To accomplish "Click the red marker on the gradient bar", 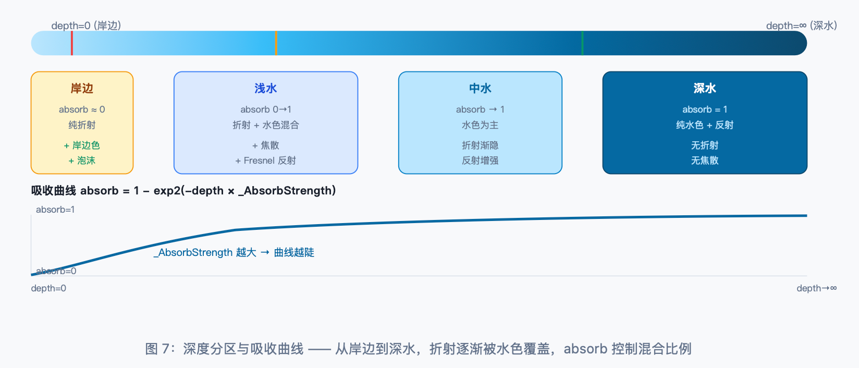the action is click(72, 43).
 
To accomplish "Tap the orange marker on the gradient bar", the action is click(276, 43).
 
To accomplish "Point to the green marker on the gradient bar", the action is click(583, 43).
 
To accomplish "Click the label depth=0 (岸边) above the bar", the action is click(87, 26).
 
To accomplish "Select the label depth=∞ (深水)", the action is click(802, 26).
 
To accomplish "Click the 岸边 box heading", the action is click(82, 89).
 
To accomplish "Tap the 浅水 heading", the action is click(266, 89).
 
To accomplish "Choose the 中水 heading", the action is click(480, 89).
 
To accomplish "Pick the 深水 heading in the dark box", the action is click(705, 89).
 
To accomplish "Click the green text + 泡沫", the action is click(82, 161).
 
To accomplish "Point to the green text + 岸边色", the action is click(82, 145).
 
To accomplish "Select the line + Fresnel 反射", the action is click(266, 161).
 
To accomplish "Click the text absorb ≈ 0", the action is click(82, 109).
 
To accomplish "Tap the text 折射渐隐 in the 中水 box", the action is click(480, 145).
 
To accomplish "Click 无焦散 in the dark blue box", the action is click(705, 161).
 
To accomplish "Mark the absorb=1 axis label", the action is click(55, 210).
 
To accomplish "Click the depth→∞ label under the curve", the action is click(817, 288).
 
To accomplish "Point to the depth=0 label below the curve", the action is click(48, 288).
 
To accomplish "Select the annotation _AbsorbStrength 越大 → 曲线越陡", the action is click(234, 253).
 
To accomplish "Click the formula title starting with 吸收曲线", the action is click(183, 191).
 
